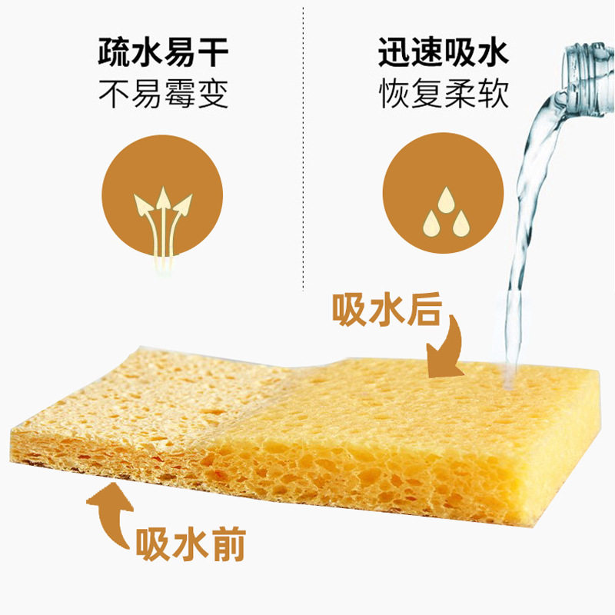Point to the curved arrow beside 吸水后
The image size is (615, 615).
tap(447, 350)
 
